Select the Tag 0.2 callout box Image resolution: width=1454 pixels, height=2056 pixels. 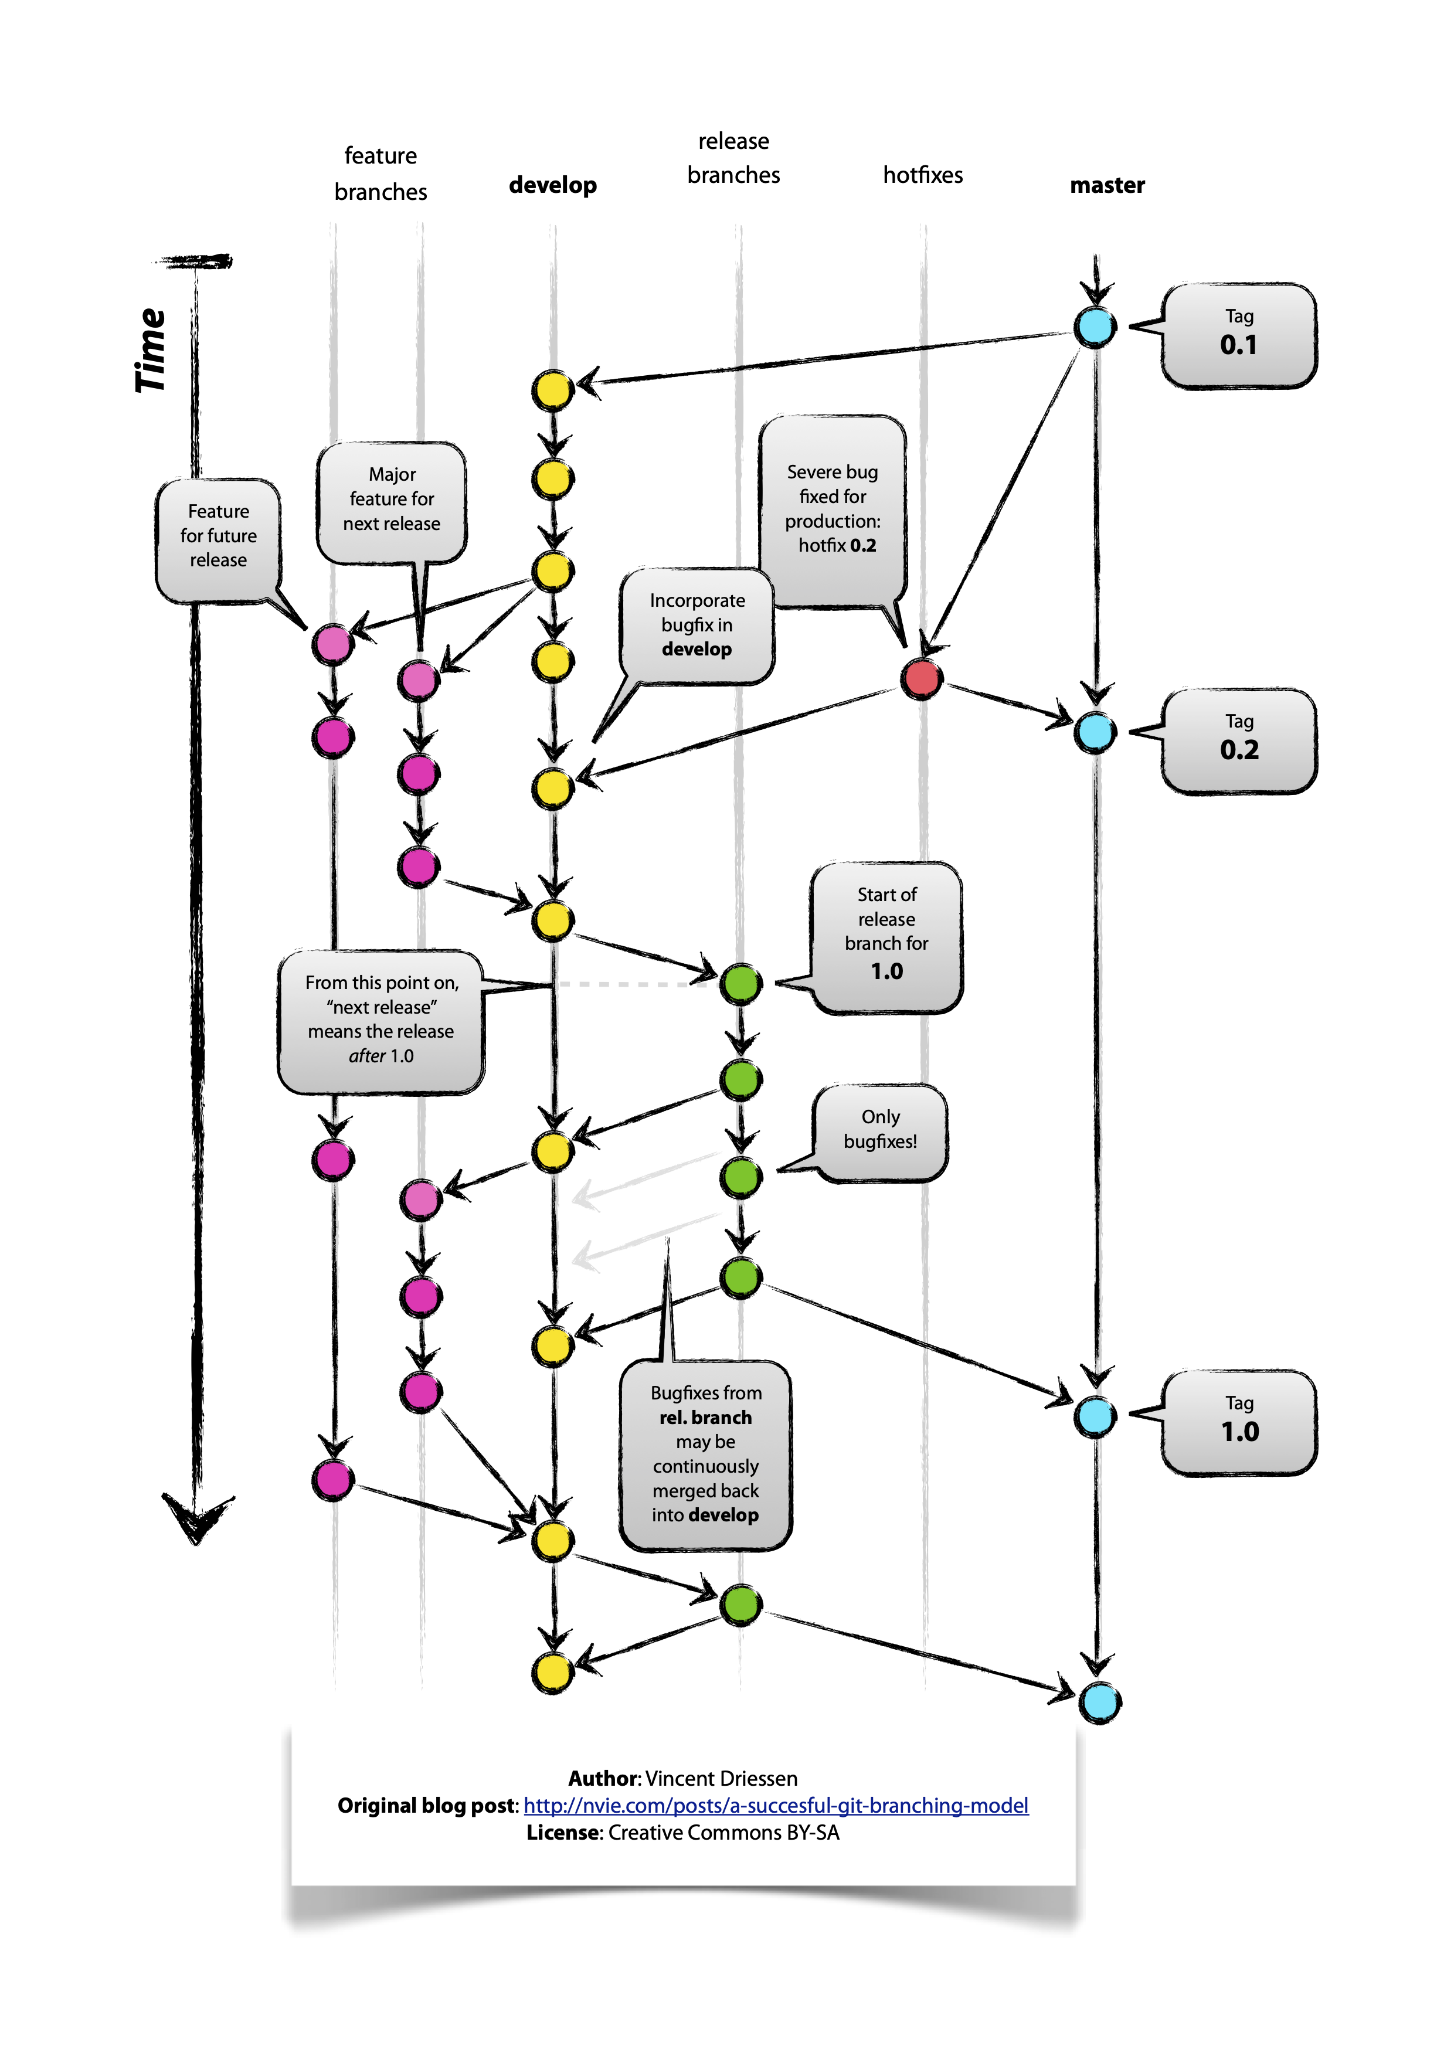coord(1239,740)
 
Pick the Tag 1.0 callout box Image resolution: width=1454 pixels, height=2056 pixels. coord(1239,1422)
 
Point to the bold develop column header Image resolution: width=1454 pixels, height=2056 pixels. coord(552,185)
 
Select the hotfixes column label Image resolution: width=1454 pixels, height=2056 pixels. coord(922,175)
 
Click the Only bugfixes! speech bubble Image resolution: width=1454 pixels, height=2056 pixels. coord(880,1130)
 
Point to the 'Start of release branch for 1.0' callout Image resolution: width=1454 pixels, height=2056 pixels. coord(886,934)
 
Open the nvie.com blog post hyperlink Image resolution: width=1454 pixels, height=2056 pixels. coord(775,1805)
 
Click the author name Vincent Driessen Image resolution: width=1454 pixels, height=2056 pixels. coord(721,1778)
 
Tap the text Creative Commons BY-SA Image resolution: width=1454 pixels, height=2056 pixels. coord(723,1832)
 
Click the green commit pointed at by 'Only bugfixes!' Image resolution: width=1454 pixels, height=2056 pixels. coord(741,1176)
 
